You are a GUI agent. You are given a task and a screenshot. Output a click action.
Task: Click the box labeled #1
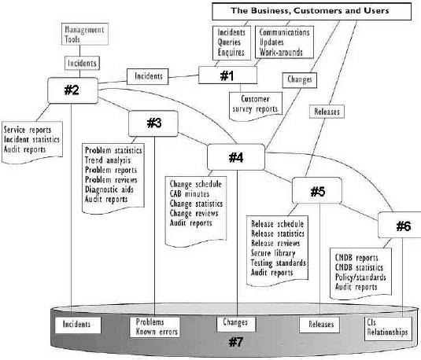227,75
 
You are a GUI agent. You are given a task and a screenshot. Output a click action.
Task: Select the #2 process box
72,90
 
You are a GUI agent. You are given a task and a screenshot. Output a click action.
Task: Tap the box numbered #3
153,123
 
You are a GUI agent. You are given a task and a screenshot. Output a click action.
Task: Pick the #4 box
236,157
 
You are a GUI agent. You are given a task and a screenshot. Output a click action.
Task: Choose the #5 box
317,191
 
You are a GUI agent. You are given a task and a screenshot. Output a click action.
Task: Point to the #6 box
400,225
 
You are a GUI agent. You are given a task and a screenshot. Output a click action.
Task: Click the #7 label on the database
236,342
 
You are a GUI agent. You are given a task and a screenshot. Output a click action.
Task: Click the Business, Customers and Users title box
312,11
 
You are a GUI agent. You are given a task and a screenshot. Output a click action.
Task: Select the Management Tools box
85,34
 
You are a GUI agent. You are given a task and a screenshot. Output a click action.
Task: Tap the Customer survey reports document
256,106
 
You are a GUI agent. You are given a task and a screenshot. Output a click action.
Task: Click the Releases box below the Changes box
327,112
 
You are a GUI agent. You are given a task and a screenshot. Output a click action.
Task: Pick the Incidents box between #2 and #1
148,76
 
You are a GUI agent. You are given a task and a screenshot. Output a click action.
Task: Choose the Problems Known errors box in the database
155,327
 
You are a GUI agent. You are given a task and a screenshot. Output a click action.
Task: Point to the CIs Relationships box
388,329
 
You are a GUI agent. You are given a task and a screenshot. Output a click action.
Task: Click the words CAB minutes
190,193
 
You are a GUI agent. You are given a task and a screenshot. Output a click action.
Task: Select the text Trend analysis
108,160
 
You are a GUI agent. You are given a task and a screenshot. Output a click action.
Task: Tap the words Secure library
273,253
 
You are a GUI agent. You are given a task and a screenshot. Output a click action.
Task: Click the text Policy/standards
360,277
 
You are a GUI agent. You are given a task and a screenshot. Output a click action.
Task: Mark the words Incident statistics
31,139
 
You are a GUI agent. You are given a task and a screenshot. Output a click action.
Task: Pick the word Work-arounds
281,53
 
